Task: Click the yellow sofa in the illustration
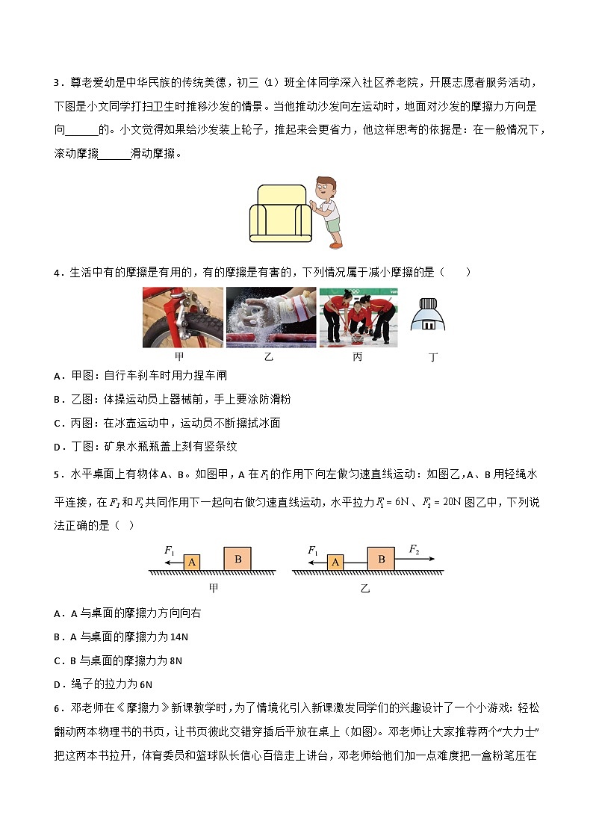click(x=280, y=214)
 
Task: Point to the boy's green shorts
click(x=332, y=224)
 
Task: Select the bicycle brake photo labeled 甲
click(x=183, y=318)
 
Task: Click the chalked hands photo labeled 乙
click(x=271, y=318)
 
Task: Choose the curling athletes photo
click(x=358, y=318)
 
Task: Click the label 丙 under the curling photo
click(x=358, y=357)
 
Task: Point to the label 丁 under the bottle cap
click(x=432, y=357)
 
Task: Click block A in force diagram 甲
click(x=192, y=562)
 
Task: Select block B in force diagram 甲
click(x=237, y=558)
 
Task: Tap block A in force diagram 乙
click(x=335, y=562)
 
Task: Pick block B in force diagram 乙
click(x=381, y=558)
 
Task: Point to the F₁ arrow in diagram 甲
click(x=173, y=561)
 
